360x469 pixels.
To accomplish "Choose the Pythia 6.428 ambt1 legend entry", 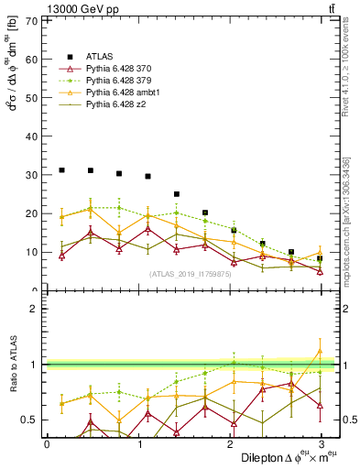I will coord(121,93).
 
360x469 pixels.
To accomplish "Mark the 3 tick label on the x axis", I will coord(320,443).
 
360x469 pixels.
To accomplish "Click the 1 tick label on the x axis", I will coord(137,443).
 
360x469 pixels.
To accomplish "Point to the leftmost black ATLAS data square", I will coord(61,170).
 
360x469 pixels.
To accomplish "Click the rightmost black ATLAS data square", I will coord(320,258).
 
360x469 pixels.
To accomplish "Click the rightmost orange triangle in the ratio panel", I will coord(320,351).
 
